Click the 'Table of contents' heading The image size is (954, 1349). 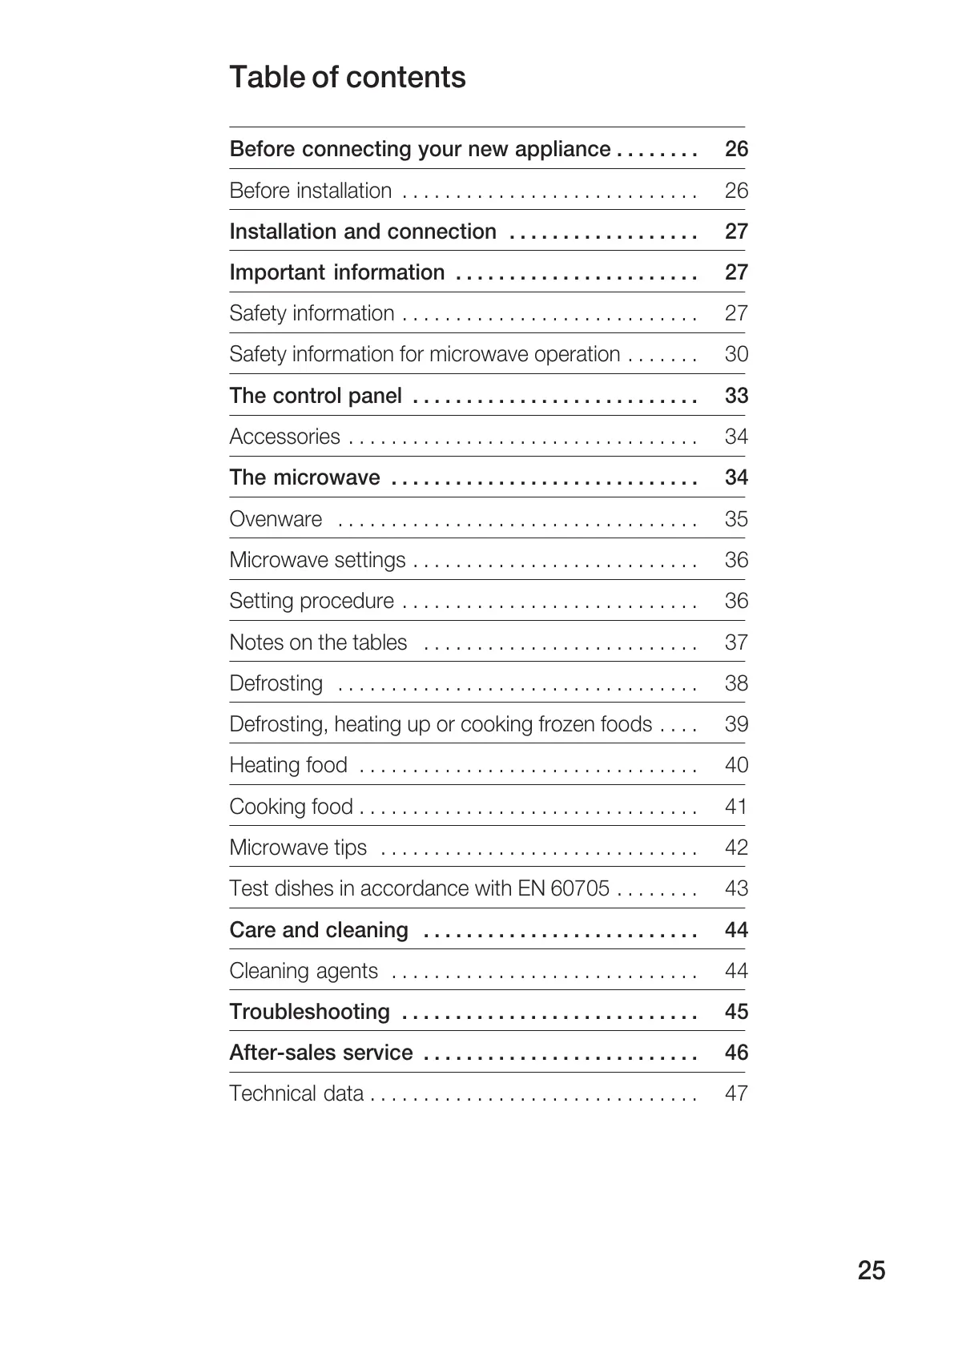coord(347,78)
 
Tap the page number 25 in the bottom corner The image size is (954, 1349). coord(871,1270)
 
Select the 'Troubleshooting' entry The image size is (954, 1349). coord(309,1012)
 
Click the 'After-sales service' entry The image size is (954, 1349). coord(321,1053)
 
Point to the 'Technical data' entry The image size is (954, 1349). coord(296,1093)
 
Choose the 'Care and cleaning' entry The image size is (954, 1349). coord(319,930)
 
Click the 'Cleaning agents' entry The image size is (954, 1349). coord(304,971)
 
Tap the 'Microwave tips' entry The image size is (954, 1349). coord(298,848)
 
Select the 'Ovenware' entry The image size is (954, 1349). coord(276,519)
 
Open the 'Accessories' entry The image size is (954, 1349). coord(284,437)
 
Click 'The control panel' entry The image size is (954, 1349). coord(316,396)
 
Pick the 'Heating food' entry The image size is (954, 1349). coord(288,765)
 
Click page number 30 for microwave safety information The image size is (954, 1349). coord(736,354)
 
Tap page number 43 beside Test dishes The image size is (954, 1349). coord(736,888)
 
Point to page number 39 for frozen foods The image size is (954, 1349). coord(736,724)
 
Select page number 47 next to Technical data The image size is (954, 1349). coord(736,1093)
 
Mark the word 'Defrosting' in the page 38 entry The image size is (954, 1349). coord(276,683)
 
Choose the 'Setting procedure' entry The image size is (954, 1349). coord(312,601)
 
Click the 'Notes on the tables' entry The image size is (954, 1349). coord(318,642)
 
